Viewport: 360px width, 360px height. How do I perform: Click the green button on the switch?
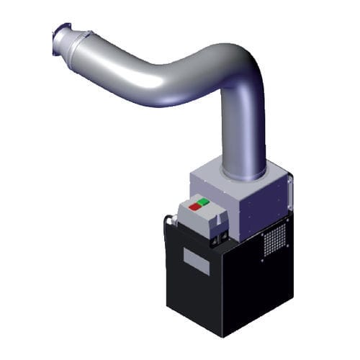[x=205, y=203]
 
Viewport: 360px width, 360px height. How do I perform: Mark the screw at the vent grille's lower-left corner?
[x=264, y=254]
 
